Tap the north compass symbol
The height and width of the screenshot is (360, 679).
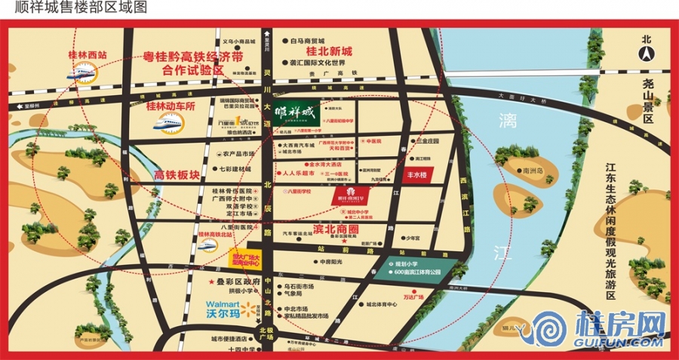[646, 52]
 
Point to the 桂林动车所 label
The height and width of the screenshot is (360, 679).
[160, 107]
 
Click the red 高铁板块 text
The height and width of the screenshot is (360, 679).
[177, 175]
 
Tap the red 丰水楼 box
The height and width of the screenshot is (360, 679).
[418, 174]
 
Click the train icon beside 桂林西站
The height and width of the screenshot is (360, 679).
[81, 73]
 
